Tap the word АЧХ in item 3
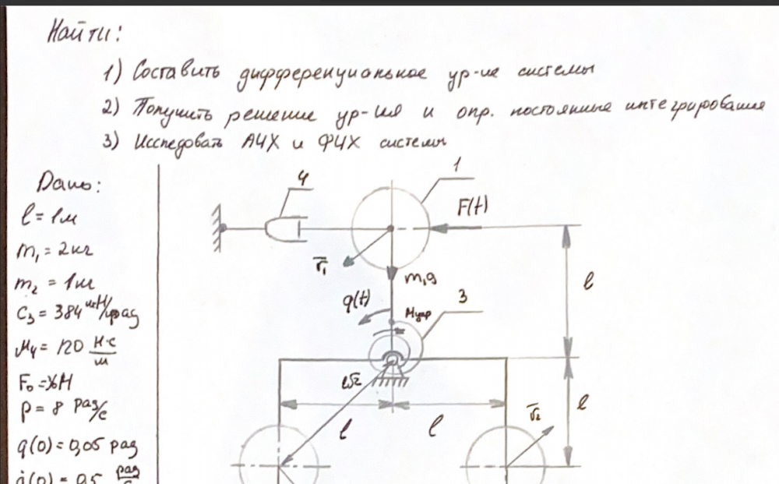point(257,144)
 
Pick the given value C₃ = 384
point(67,315)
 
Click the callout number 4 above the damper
point(301,181)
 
